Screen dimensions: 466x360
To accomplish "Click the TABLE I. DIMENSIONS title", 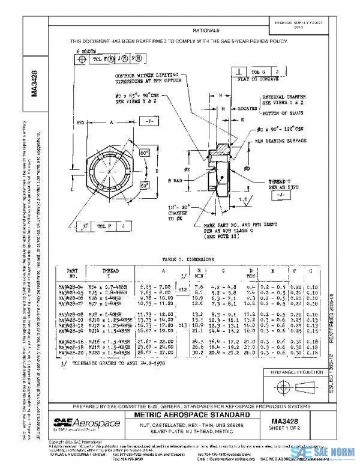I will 188,259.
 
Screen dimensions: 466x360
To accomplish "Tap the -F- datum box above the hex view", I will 147,121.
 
